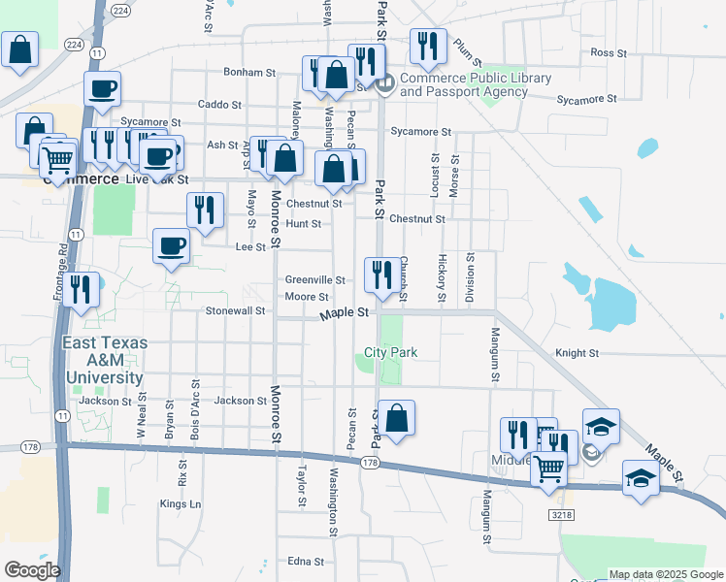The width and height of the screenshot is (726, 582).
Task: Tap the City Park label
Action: tap(390, 352)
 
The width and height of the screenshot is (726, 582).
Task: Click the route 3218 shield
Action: tap(557, 513)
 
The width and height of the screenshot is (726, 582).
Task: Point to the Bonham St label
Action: tap(250, 72)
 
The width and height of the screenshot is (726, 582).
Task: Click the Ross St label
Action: tap(606, 52)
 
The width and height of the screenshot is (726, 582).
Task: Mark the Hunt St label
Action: tap(304, 223)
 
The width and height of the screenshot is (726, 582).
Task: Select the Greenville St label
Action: tap(314, 280)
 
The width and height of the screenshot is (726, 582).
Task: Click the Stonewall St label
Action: tap(235, 311)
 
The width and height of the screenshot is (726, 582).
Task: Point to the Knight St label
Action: tap(577, 354)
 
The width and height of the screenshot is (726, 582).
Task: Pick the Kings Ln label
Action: tap(181, 504)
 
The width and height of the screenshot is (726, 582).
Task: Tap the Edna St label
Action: tap(305, 562)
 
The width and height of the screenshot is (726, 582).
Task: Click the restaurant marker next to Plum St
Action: tap(427, 45)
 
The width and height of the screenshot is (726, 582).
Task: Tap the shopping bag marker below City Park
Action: tap(396, 419)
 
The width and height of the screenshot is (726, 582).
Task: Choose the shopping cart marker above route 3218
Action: tap(549, 469)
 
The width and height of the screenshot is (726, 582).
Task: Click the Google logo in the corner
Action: tap(31, 570)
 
